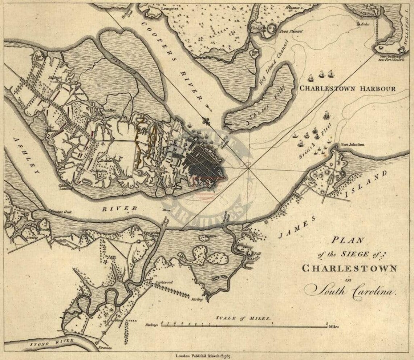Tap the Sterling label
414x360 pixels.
click(196, 300)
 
